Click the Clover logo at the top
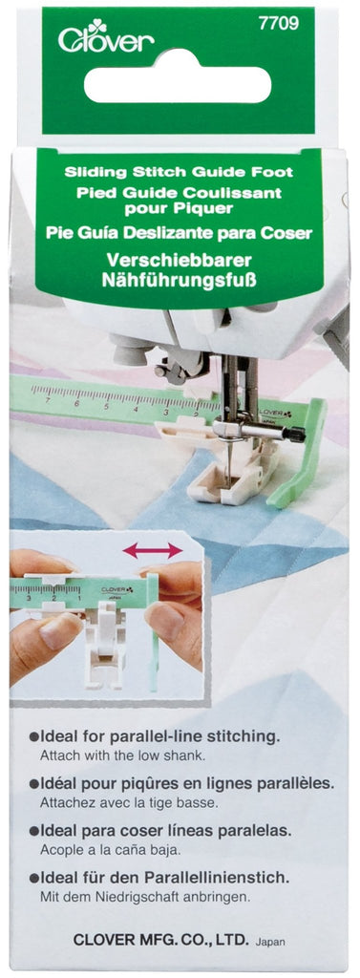[106, 39]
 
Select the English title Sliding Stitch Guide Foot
[180, 174]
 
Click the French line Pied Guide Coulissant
[180, 192]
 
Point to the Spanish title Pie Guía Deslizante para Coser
[180, 231]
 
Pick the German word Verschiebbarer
[180, 261]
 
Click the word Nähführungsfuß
[180, 281]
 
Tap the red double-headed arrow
[152, 550]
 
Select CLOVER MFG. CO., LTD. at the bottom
[161, 940]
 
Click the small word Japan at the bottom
[271, 942]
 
